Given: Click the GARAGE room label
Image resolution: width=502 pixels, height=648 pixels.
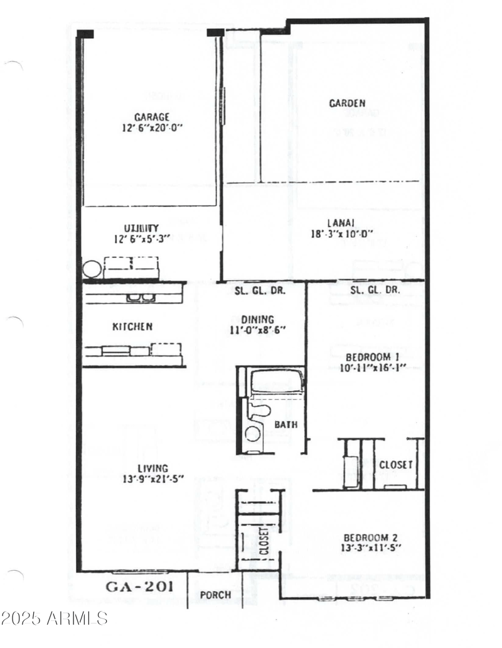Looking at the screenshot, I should pos(151,116).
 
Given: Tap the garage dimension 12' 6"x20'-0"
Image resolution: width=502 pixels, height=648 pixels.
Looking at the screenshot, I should pos(151,127).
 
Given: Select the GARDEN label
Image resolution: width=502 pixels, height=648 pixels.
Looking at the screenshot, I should pos(347,103).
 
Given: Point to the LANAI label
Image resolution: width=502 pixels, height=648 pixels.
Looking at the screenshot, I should pos(341,223).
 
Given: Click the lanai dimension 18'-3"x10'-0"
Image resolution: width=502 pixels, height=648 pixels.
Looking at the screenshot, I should pos(341,234).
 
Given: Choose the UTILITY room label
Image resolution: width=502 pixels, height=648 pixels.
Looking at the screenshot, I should pos(141,228).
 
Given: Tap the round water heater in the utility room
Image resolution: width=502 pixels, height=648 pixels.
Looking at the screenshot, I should pos(92,269).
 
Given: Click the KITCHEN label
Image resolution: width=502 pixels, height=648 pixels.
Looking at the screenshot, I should pos(132,327).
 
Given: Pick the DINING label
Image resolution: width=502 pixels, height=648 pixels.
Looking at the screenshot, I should pos(259,318).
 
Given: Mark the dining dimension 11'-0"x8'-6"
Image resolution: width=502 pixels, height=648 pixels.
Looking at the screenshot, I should pos(259,329).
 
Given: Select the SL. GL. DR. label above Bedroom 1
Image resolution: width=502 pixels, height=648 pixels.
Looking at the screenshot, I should pos(375,290).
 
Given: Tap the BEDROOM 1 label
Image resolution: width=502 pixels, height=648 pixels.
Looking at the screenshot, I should pos(364,357).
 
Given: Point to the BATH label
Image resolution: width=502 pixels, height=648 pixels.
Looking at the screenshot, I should pos(286,425).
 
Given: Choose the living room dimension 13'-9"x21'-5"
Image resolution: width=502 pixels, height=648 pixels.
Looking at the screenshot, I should pos(153,479).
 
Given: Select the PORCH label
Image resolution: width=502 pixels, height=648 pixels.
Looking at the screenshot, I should pos(215,595).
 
